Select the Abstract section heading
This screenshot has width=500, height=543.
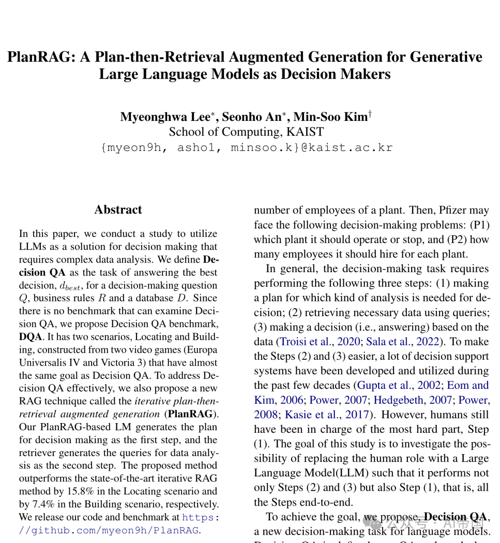(118, 210)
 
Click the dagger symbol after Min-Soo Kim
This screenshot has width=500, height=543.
(370, 113)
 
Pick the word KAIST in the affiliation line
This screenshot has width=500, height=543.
(305, 132)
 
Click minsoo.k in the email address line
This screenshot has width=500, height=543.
(262, 148)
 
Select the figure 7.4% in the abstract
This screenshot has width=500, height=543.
(44, 504)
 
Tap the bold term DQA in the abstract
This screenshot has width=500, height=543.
(31, 337)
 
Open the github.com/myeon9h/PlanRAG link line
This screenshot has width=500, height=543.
(109, 530)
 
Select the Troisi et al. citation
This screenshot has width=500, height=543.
(306, 342)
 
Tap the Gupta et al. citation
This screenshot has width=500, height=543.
(384, 385)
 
